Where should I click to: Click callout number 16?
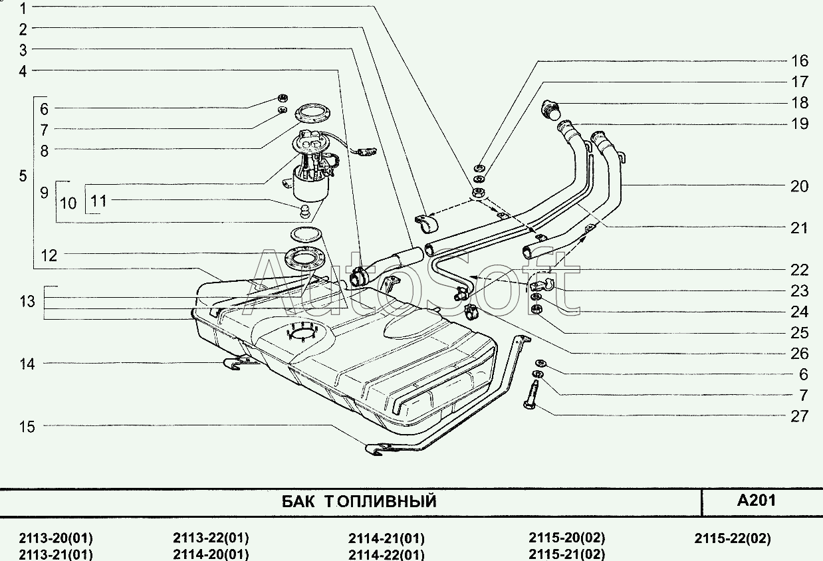[799, 61]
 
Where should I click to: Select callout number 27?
[799, 416]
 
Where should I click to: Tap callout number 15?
[27, 427]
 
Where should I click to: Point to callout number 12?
[49, 255]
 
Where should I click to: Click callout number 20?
[799, 186]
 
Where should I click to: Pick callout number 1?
[23, 9]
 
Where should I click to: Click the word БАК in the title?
[298, 501]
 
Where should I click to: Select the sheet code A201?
[757, 501]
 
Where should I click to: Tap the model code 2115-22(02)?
[732, 538]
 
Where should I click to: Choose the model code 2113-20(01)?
[56, 538]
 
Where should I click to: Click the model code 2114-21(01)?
[386, 538]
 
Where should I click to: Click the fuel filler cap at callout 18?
[550, 109]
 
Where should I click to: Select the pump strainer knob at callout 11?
[305, 211]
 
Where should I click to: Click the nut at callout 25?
[536, 309]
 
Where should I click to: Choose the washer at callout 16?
[479, 168]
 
